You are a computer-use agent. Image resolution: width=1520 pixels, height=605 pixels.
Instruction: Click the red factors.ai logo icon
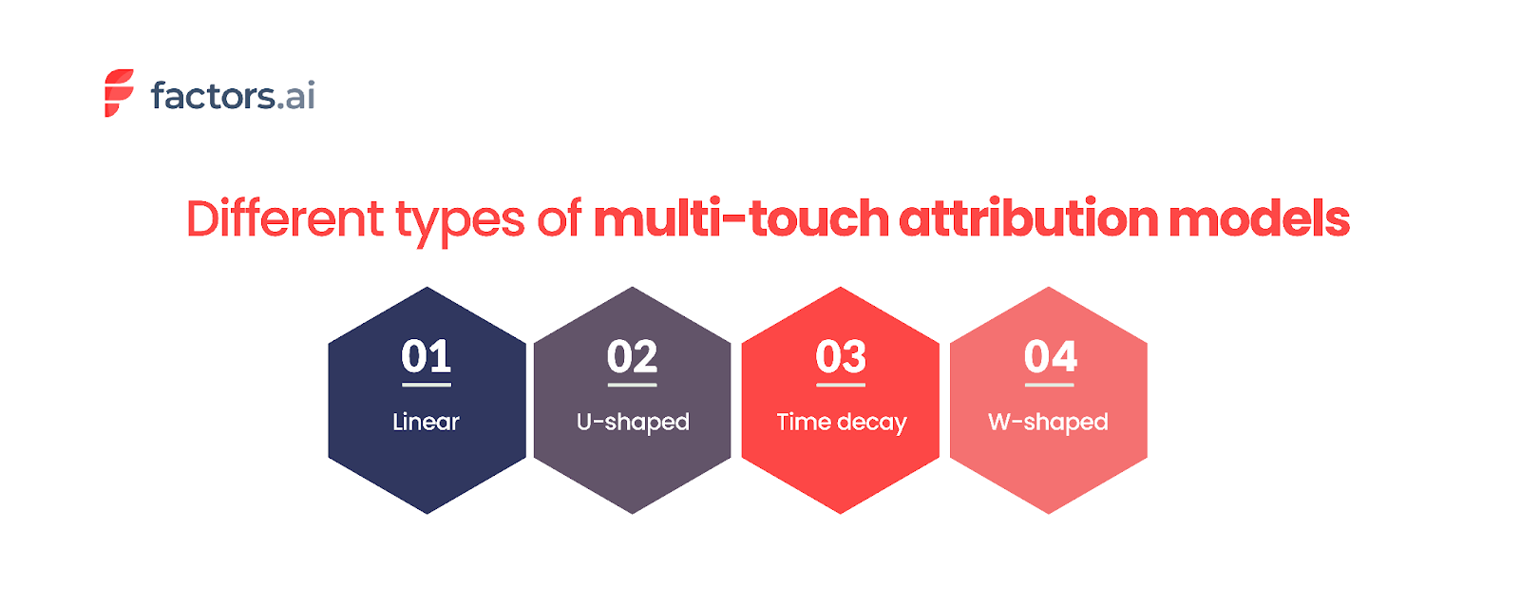[119, 93]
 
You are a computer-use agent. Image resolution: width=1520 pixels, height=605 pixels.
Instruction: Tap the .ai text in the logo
[296, 96]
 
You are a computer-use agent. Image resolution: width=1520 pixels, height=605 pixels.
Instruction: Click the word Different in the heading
[284, 218]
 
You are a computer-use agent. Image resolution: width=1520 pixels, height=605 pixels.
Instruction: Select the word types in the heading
[460, 220]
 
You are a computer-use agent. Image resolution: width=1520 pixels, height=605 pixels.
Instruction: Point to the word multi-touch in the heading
[741, 218]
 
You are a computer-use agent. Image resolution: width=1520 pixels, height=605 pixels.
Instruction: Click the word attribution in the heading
[1029, 218]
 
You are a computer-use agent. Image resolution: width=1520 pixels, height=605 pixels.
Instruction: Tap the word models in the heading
[1259, 218]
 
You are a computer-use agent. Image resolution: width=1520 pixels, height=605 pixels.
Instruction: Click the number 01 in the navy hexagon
[426, 356]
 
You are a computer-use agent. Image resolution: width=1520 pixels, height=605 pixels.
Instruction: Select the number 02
[632, 356]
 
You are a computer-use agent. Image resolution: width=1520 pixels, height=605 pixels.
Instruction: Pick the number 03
[841, 356]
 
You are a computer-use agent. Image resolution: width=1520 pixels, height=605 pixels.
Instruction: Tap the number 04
[1050, 356]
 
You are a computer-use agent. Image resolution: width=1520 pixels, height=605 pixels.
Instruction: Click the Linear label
[426, 422]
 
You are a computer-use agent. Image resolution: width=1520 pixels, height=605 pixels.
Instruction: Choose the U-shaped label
[633, 422]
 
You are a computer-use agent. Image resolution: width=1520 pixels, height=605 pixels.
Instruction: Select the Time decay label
[842, 422]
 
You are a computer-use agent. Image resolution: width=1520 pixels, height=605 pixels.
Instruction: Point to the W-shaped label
[1048, 422]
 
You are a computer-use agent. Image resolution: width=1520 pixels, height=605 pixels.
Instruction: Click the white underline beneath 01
[427, 385]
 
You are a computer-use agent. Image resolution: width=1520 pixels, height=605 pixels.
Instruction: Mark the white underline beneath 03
[841, 385]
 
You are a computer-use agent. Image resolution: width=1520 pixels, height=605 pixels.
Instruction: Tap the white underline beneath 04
[1050, 385]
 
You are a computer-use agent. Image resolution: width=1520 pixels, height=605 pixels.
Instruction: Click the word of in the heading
[559, 218]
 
